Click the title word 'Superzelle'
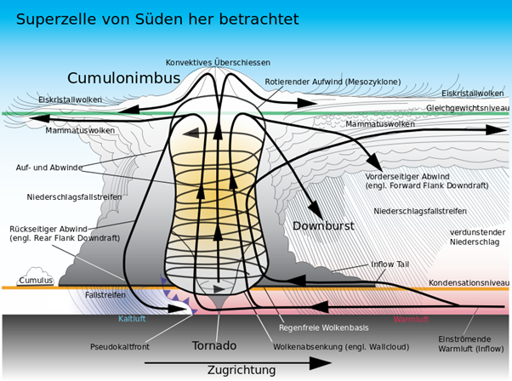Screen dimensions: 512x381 click(56, 20)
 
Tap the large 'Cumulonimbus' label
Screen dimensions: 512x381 click(124, 78)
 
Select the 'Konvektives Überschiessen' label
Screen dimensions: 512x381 click(218, 62)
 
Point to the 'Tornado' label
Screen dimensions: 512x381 click(214, 345)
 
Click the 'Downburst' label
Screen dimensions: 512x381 click(323, 226)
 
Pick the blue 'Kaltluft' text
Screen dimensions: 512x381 click(132, 319)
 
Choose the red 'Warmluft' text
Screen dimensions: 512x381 click(411, 319)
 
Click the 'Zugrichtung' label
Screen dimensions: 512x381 click(242, 371)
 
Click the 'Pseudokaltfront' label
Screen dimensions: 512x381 click(120, 346)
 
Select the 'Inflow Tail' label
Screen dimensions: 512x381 click(390, 264)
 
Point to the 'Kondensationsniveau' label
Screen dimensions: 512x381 click(469, 282)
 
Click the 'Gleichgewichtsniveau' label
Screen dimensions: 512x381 click(468, 108)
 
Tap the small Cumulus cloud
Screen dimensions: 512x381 click(35, 276)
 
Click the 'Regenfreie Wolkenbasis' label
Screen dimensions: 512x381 click(323, 327)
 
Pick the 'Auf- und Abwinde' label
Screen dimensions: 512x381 click(49, 168)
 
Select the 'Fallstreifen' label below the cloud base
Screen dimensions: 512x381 click(105, 295)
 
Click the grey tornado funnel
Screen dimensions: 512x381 click(218, 302)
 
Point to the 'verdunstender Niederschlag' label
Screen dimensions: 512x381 click(477, 237)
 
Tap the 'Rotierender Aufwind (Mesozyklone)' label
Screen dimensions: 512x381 click(333, 82)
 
